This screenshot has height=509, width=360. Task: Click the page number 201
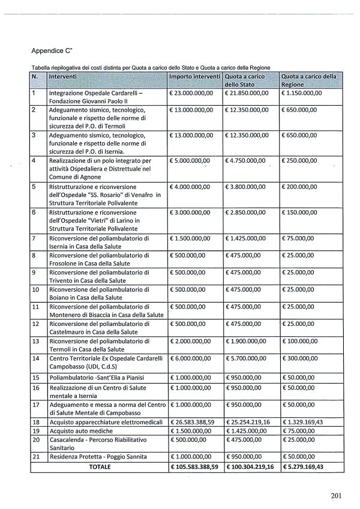[x=335, y=495]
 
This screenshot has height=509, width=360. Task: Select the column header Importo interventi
[x=194, y=77]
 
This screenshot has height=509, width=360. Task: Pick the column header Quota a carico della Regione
[x=308, y=81]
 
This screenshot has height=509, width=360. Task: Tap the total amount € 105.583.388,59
[x=196, y=466]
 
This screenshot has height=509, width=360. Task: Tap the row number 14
[x=35, y=358]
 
